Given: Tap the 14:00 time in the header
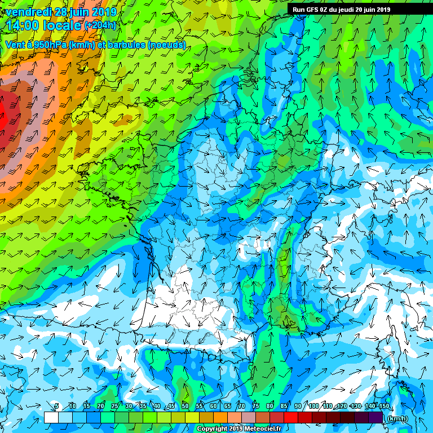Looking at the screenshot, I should coord(21,25).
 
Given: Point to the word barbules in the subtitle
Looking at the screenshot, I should coord(123,45).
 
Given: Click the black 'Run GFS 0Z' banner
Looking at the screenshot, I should coord(342,10).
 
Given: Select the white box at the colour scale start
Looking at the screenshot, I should coord(51,418).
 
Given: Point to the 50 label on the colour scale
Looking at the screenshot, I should coord(185,406).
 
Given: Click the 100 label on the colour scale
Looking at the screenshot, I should coord(314,406).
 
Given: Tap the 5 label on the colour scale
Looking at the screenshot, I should coord(57,406).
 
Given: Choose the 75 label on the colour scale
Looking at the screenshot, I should coord(256,406).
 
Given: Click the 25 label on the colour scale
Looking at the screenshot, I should coord(115,406).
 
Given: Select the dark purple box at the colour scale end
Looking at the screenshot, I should coord(375,418).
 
